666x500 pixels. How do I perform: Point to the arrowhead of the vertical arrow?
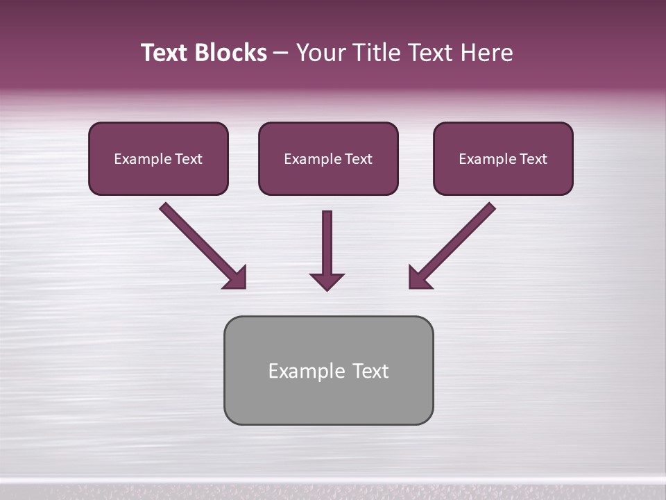327,281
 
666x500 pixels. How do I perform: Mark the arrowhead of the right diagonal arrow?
418,278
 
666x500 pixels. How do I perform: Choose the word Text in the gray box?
370,371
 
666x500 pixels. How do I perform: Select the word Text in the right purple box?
533,159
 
